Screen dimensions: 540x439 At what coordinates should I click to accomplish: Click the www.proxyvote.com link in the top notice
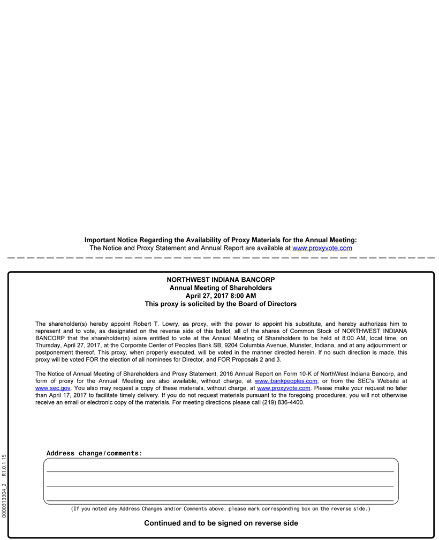322,249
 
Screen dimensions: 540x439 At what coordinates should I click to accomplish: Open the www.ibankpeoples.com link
286,381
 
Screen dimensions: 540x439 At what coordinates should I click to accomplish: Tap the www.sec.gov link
52,388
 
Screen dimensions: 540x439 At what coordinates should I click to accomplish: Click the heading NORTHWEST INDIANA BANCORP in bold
221,280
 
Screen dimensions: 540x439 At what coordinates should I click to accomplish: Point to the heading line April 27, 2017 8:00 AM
221,296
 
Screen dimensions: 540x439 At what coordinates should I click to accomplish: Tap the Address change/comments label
94,454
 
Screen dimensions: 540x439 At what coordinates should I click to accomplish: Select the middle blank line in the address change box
220,485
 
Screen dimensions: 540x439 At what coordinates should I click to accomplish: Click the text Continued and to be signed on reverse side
221,523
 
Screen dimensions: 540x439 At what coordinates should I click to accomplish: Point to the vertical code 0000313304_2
4,500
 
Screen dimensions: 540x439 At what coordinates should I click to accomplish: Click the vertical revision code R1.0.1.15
4,466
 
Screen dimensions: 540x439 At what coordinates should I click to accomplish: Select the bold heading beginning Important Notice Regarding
221,241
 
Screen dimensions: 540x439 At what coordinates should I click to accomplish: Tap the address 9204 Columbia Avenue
259,346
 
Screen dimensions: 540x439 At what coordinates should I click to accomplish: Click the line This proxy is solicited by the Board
221,304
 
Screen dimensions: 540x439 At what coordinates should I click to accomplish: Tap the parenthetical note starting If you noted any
221,509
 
